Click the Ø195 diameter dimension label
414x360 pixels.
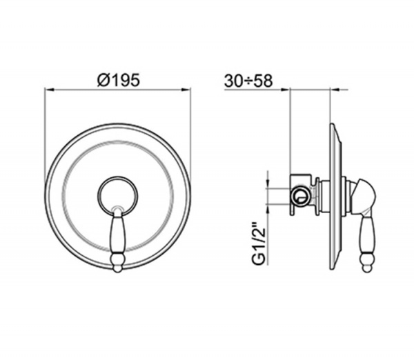118,80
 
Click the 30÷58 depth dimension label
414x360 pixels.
248,81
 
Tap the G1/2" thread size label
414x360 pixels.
259,243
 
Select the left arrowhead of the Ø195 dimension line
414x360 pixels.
50,90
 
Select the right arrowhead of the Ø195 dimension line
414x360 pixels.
186,90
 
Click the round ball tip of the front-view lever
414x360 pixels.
117,268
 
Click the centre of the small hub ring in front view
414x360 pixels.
117,196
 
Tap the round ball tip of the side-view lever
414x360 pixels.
366,268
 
